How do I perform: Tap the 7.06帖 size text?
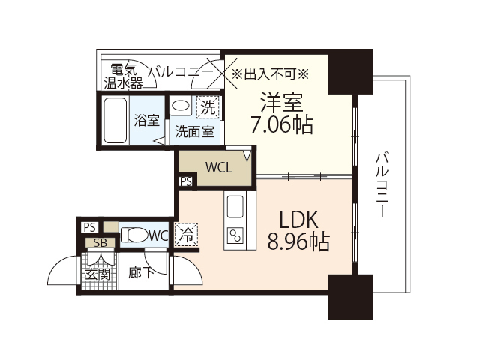point(282,124)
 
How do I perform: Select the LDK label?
point(300,219)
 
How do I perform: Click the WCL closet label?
point(218,167)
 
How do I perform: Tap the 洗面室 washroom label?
point(194,130)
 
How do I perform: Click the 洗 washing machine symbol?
point(206,106)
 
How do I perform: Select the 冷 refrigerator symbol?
point(186,235)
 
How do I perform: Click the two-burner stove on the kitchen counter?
point(235,235)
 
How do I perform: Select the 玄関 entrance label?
point(97,274)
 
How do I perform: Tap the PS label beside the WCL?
point(185,181)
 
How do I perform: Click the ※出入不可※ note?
point(270,73)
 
